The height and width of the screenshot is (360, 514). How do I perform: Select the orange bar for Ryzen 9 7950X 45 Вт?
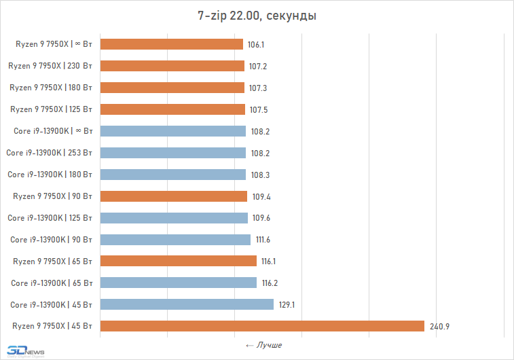tap(262, 326)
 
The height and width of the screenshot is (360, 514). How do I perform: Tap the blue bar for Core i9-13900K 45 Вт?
tap(187, 304)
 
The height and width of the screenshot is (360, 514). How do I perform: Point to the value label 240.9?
tap(439, 327)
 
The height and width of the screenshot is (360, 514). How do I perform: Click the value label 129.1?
tap(287, 305)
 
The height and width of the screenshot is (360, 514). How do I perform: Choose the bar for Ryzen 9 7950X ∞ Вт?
tap(172, 44)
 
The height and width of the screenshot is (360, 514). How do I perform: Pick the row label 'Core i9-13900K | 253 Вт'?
tap(50, 153)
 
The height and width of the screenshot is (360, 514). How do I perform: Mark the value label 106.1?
tap(256, 45)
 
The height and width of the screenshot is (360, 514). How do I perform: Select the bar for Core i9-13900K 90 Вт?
tap(175, 239)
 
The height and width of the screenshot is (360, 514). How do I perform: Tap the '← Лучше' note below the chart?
tap(263, 345)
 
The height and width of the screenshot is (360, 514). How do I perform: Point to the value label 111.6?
tap(263, 240)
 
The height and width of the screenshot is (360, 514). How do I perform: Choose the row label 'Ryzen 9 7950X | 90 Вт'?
tap(53, 196)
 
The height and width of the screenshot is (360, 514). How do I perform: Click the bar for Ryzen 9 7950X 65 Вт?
tap(179, 261)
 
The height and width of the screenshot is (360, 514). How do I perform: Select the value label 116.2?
tap(270, 283)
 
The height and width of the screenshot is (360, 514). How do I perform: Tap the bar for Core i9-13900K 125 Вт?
tap(174, 217)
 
